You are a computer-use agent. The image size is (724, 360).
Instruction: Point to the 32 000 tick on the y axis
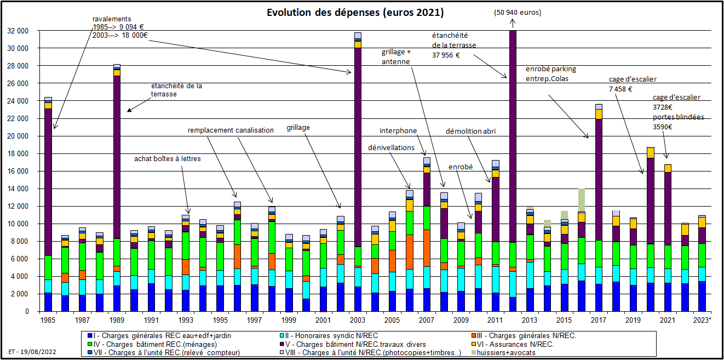pyautogui.click(x=21, y=31)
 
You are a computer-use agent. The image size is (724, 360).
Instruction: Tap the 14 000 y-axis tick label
pyautogui.click(x=21, y=189)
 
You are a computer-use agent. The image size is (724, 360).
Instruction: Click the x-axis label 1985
pyautogui.click(x=48, y=319)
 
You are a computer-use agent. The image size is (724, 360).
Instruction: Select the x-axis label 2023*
pyautogui.click(x=702, y=319)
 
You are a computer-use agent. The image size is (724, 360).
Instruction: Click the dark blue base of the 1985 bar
pyautogui.click(x=48, y=302)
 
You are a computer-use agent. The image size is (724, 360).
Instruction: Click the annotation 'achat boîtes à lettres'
pyautogui.click(x=168, y=159)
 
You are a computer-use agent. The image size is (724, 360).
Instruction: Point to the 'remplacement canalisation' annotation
pyautogui.click(x=231, y=130)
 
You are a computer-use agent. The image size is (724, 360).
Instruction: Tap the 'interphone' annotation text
pyautogui.click(x=398, y=131)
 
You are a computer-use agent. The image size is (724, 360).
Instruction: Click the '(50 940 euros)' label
pyautogui.click(x=517, y=12)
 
